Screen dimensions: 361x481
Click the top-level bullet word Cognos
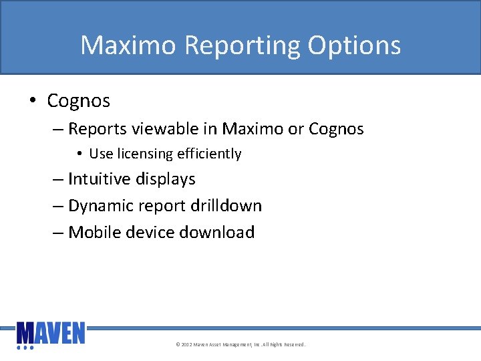(x=78, y=101)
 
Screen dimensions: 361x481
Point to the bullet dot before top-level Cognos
(x=33, y=102)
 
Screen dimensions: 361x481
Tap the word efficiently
(x=209, y=154)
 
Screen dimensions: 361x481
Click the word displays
(x=166, y=179)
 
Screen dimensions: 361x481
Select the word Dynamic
(x=98, y=206)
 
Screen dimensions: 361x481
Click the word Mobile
(x=94, y=233)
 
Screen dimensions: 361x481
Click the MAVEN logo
(x=51, y=334)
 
